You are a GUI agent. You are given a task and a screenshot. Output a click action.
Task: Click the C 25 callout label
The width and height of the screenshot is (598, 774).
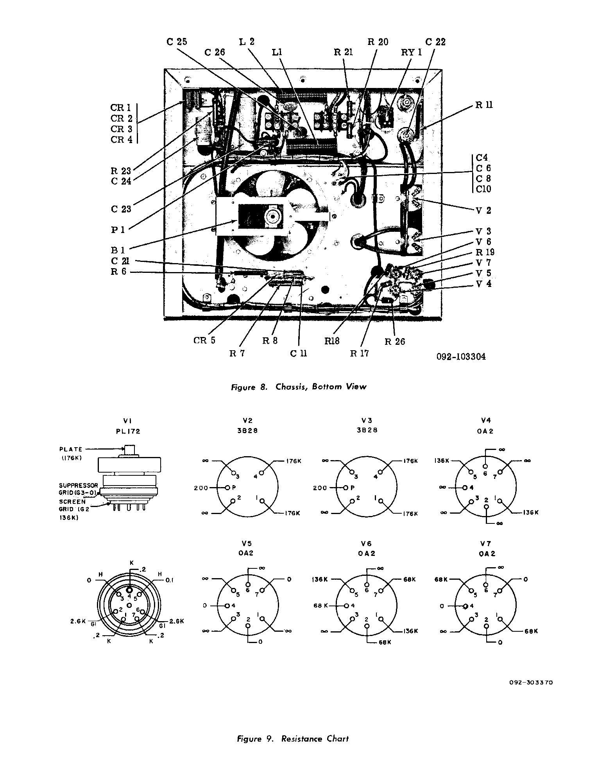pos(177,42)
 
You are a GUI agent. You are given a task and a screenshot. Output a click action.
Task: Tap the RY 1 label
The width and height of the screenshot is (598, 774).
pos(412,52)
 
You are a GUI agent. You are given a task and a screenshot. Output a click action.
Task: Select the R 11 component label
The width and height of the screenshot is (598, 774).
pos(484,105)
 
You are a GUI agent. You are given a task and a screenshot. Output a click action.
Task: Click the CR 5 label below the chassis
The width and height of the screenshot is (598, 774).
pos(204,340)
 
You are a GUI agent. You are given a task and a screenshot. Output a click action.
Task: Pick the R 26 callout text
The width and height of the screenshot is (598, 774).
pos(395,341)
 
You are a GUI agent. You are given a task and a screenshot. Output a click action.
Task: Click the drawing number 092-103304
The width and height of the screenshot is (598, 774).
pos(462,357)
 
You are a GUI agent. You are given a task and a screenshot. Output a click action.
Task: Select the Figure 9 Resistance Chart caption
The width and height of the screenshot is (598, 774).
pos(293,738)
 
